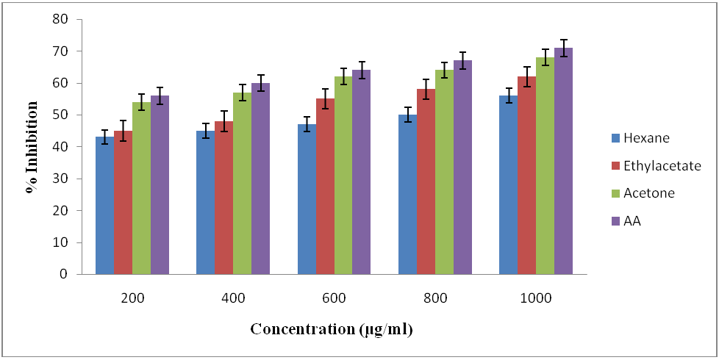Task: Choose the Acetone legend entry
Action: click(x=648, y=193)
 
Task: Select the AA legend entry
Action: click(x=632, y=221)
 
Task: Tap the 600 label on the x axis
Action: click(x=335, y=298)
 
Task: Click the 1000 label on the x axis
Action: click(x=536, y=298)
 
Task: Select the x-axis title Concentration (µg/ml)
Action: click(x=332, y=329)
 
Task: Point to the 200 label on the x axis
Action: click(x=132, y=298)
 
